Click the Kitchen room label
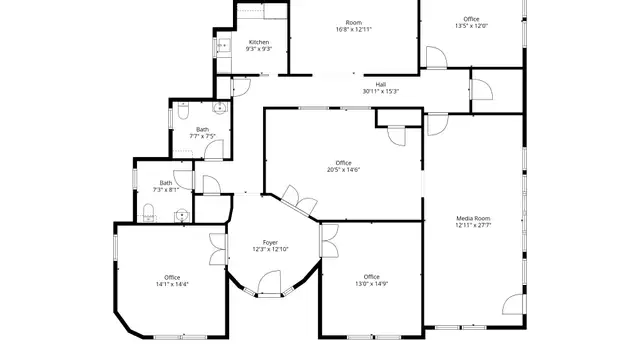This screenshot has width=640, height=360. [x=259, y=42]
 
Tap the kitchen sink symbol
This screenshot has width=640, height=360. [x=224, y=45]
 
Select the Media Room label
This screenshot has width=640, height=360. [x=473, y=218]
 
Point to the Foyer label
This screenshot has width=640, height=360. [x=270, y=242]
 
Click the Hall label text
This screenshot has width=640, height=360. [x=381, y=85]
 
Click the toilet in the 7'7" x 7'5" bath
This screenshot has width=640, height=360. [x=183, y=111]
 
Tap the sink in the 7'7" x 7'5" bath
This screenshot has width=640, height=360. [x=220, y=108]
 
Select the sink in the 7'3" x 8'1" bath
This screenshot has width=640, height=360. [x=182, y=215]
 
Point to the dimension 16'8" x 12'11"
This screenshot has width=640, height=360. [x=353, y=29]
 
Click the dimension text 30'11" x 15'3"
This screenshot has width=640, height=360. [x=380, y=91]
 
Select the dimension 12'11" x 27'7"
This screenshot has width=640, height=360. [x=473, y=225]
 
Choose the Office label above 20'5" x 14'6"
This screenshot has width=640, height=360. [x=343, y=163]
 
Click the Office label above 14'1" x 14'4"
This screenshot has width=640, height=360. [x=172, y=278]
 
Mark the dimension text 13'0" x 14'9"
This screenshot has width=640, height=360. [x=371, y=283]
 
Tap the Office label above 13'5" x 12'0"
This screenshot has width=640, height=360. [x=471, y=19]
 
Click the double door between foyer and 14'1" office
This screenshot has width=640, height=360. [x=218, y=249]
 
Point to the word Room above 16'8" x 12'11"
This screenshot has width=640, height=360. [x=353, y=23]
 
